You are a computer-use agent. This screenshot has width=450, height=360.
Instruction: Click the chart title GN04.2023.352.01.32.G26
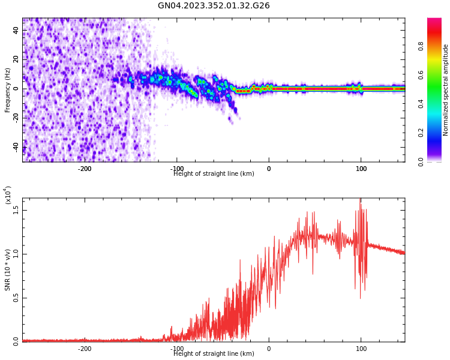214,6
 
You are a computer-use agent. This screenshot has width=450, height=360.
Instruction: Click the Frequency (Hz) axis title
8,90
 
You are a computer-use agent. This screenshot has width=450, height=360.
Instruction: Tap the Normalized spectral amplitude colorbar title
446,90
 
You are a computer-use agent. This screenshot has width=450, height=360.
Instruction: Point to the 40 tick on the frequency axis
16,31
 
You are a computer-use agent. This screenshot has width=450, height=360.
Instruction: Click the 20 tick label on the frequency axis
16,60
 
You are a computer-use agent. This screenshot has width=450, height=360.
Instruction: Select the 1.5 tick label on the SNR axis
16,209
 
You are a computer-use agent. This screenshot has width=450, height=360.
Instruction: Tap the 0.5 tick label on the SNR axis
16,298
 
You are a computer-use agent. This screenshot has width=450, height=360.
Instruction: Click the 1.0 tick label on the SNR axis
16,254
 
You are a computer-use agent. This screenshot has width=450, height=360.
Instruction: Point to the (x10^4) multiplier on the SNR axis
8,196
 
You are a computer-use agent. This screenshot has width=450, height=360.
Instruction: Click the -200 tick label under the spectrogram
85,169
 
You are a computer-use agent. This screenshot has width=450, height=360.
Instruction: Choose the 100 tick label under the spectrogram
361,169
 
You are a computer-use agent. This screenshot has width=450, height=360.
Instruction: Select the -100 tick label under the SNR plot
176,349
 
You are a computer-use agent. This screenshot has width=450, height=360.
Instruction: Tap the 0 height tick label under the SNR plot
269,349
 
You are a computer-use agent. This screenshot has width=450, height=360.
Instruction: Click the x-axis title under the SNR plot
214,354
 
